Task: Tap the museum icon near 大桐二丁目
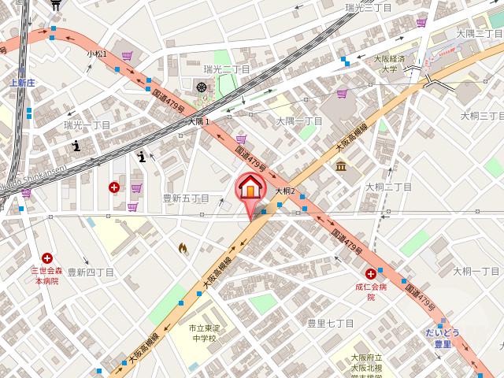point(341,165)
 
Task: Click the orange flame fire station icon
point(183,249)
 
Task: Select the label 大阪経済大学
point(389,64)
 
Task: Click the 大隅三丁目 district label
point(479,33)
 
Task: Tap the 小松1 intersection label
point(97,53)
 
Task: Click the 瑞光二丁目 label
point(226,69)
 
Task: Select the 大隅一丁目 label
point(298,120)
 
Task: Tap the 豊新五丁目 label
point(186,198)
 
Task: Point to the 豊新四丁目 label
point(91,272)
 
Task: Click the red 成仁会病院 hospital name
point(370,292)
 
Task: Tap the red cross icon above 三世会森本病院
point(47,258)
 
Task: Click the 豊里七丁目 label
point(330,323)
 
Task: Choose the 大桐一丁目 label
point(476,271)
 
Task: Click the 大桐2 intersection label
point(284,191)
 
